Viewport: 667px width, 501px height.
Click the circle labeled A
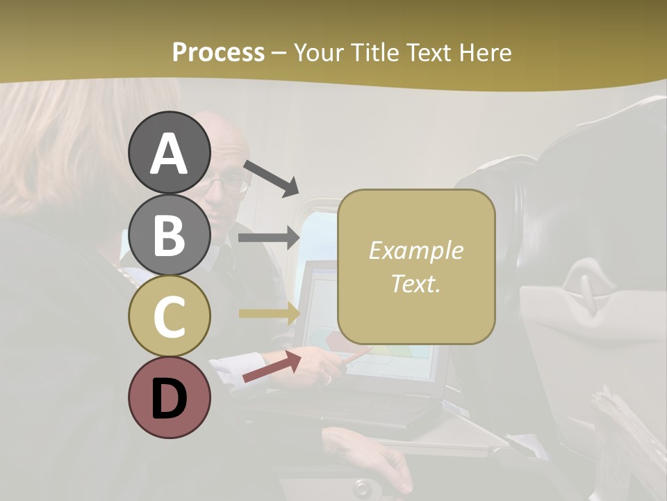click(x=169, y=153)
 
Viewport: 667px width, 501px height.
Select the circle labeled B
click(x=169, y=234)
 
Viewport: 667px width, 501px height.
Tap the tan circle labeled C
click(x=169, y=317)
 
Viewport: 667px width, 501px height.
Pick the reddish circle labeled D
click(x=169, y=398)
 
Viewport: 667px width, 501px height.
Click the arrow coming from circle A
click(x=271, y=177)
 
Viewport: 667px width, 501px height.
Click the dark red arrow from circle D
click(x=272, y=367)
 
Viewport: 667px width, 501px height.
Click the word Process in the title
click(x=218, y=52)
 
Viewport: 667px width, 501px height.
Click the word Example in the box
click(x=415, y=251)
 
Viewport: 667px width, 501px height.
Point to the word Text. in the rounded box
click(x=415, y=283)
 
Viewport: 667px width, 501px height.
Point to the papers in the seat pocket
click(x=625, y=431)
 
